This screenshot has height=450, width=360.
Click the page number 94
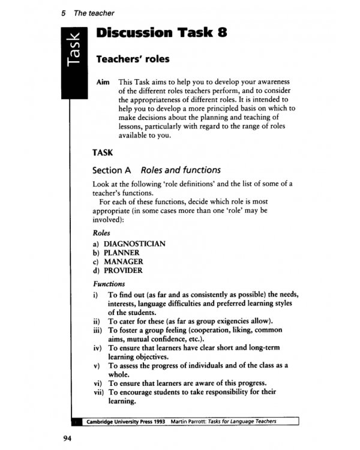coord(67,438)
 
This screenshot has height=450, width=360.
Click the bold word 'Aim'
coord(103,81)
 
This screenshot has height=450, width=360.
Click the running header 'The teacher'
coord(92,12)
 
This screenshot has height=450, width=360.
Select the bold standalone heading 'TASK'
coord(104,152)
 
